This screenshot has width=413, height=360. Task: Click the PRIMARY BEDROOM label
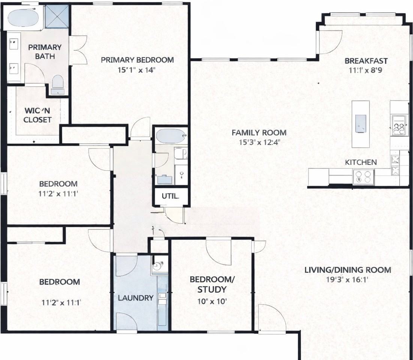pyautogui.click(x=137, y=60)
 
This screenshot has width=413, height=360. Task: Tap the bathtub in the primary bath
pyautogui.click(x=23, y=18)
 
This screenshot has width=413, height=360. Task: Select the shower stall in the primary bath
pyautogui.click(x=57, y=17)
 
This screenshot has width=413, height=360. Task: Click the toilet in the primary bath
pyautogui.click(x=57, y=83)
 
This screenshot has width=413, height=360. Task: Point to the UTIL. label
pyautogui.click(x=170, y=196)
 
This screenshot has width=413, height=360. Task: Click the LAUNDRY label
pyautogui.click(x=136, y=298)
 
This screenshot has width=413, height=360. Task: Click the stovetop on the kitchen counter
pyautogui.click(x=363, y=176)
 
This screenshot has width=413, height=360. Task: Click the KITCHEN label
pyautogui.click(x=361, y=162)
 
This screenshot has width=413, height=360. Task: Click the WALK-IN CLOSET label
pyautogui.click(x=38, y=115)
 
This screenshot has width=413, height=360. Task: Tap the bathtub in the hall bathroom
pyautogui.click(x=171, y=136)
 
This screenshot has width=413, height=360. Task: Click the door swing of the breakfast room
pyautogui.click(x=330, y=41)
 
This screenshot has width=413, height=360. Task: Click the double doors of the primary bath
pyautogui.click(x=78, y=49)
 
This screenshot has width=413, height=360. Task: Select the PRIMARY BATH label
pyautogui.click(x=45, y=52)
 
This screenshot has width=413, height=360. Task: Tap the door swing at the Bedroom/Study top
pyautogui.click(x=219, y=251)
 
